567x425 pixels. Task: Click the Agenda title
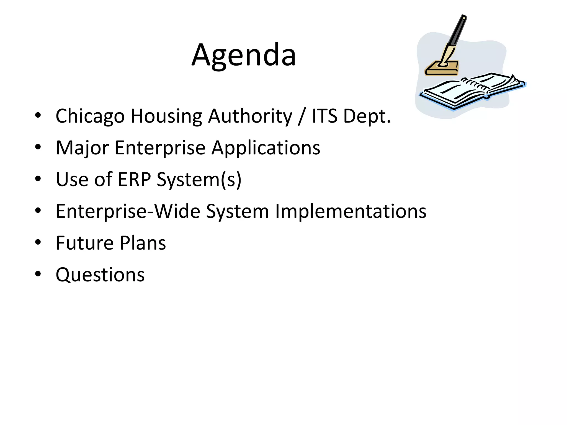[x=244, y=55]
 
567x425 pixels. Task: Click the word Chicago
[x=90, y=116]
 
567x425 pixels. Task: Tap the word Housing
[x=166, y=116]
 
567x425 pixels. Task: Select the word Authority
[x=250, y=116]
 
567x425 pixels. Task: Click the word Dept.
[x=367, y=116]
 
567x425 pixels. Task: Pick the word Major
[x=82, y=148]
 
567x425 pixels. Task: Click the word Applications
[x=266, y=148]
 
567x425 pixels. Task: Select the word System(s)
[x=199, y=180]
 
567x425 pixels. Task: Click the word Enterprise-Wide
[x=128, y=211]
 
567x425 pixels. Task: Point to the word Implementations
[x=350, y=211]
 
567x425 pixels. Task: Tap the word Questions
[x=100, y=275]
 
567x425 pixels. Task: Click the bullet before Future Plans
[x=38, y=242]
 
